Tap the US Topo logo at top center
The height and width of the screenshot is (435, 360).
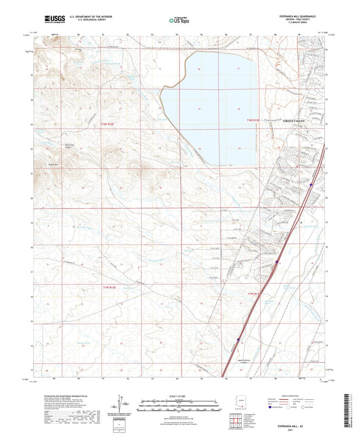[180, 20]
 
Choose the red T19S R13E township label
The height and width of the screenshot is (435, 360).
[253, 294]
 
